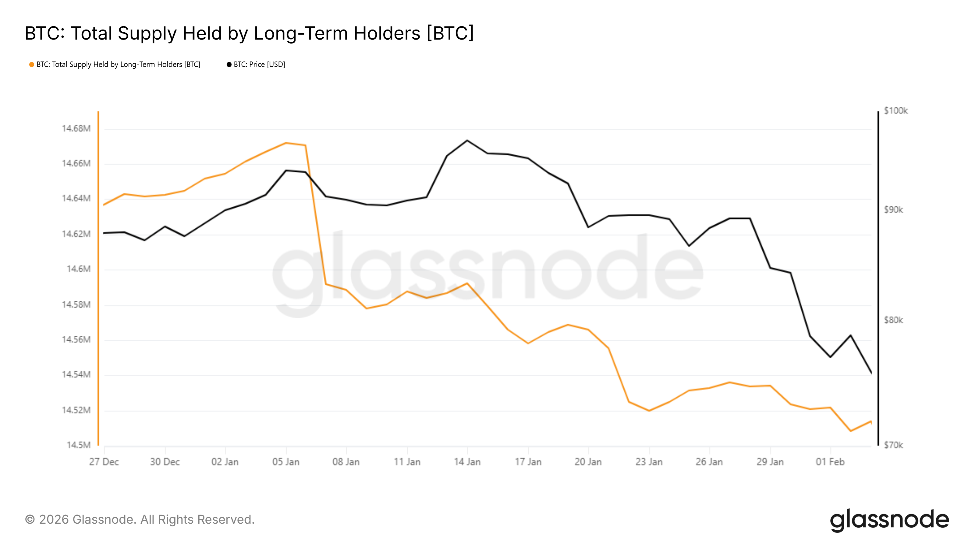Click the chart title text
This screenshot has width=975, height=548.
[249, 33]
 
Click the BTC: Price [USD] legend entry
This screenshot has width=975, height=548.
[256, 65]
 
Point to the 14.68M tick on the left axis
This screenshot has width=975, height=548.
[76, 128]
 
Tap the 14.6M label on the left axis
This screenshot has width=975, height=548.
[78, 269]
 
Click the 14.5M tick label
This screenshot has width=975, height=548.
[78, 445]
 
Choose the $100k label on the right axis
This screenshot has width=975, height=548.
[895, 111]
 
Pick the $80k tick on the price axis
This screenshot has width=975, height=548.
[893, 320]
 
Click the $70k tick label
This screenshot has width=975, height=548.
[893, 445]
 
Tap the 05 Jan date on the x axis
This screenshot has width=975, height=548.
[286, 462]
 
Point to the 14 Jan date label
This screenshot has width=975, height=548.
[467, 462]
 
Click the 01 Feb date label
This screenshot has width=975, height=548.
[830, 462]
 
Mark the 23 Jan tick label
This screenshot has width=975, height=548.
[649, 462]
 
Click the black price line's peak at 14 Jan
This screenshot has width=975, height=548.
[467, 140]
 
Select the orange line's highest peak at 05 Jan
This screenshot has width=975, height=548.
[286, 143]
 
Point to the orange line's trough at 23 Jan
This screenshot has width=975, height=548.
[649, 411]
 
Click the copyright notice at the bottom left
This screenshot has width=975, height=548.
[140, 520]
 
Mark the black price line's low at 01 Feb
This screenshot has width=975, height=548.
[830, 357]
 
